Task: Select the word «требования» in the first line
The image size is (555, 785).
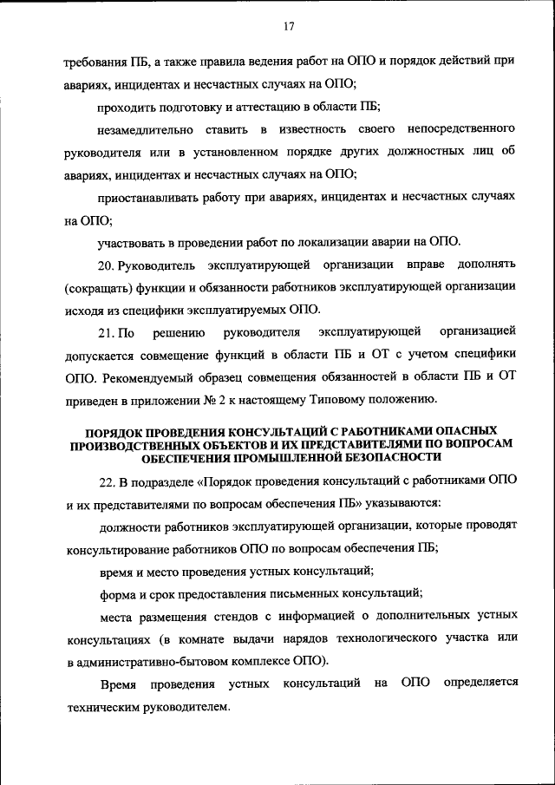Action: [95, 61]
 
